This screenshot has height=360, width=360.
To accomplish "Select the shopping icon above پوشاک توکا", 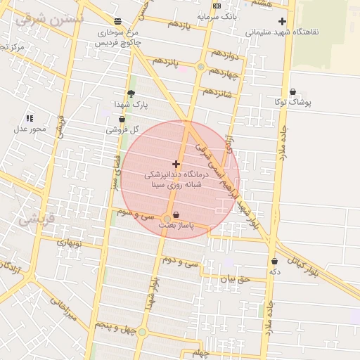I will click(x=292, y=91).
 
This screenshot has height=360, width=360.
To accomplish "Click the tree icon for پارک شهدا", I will click(x=131, y=94).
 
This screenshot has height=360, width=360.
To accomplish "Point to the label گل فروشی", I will click(x=122, y=129).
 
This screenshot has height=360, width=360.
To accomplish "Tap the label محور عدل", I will click(x=29, y=129).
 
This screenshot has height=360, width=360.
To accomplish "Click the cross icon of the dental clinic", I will click(x=176, y=163).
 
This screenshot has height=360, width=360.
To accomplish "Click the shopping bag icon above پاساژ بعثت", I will click(x=176, y=214).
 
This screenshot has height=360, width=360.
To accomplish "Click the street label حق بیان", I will click(x=234, y=279).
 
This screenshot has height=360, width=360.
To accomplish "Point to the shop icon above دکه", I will click(x=274, y=261).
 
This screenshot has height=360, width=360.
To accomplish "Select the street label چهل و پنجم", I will click(x=114, y=327).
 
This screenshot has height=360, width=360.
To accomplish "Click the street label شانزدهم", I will click(x=217, y=91).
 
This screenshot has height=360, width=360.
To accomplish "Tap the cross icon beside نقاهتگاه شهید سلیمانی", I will click(x=282, y=22).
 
